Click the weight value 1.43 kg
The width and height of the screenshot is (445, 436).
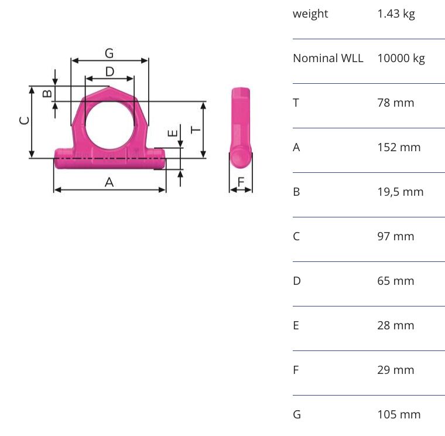pyautogui.click(x=396, y=13)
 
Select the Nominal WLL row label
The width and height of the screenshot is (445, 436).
pyautogui.click(x=328, y=58)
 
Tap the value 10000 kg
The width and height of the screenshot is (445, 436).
pyautogui.click(x=401, y=58)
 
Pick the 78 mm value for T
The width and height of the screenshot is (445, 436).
pyautogui.click(x=395, y=103)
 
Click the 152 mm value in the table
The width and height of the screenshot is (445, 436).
pyautogui.click(x=399, y=147)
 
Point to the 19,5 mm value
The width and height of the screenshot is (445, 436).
pyautogui.click(x=400, y=192)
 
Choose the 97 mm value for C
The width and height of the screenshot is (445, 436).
pyautogui.click(x=395, y=236)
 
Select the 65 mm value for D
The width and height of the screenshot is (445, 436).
pyautogui.click(x=395, y=281)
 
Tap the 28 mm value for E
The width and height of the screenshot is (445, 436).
pyautogui.click(x=395, y=325)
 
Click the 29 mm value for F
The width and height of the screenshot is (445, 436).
pyautogui.click(x=395, y=370)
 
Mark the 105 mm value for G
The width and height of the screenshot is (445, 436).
pyautogui.click(x=399, y=414)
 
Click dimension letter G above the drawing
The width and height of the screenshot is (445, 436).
pyautogui.click(x=109, y=53)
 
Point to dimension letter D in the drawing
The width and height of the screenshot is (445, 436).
pyautogui.click(x=109, y=71)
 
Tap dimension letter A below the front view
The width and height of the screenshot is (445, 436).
pyautogui.click(x=109, y=183)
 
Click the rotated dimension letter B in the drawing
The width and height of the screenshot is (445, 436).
pyautogui.click(x=48, y=93)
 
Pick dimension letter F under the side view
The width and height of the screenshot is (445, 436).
pyautogui.click(x=241, y=183)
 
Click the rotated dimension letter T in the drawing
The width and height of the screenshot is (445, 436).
pyautogui.click(x=196, y=129)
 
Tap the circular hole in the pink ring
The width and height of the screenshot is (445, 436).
pyautogui.click(x=109, y=124)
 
